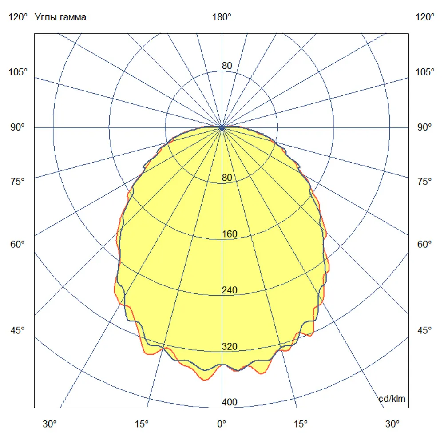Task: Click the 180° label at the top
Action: [x=222, y=17]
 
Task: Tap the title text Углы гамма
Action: [x=60, y=17]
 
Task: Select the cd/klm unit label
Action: [x=392, y=399]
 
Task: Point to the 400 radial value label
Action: [x=230, y=402]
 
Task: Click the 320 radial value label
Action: [x=230, y=346]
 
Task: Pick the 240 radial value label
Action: [x=230, y=290]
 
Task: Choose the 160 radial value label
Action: [x=230, y=234]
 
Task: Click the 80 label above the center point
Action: [x=227, y=66]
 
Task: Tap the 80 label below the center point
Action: [x=227, y=178]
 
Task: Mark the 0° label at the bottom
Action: [x=222, y=424]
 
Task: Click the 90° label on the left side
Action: [x=18, y=127]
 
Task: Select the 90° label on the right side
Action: [x=424, y=127]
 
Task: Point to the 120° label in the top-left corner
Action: [x=18, y=17]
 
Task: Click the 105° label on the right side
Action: [x=425, y=72]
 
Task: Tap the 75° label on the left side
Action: [x=18, y=182]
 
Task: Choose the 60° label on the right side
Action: [x=424, y=244]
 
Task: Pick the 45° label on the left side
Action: [x=18, y=330]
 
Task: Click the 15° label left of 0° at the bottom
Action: [x=142, y=424]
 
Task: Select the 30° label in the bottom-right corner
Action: [x=392, y=424]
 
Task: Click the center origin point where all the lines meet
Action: [x=222, y=128]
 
